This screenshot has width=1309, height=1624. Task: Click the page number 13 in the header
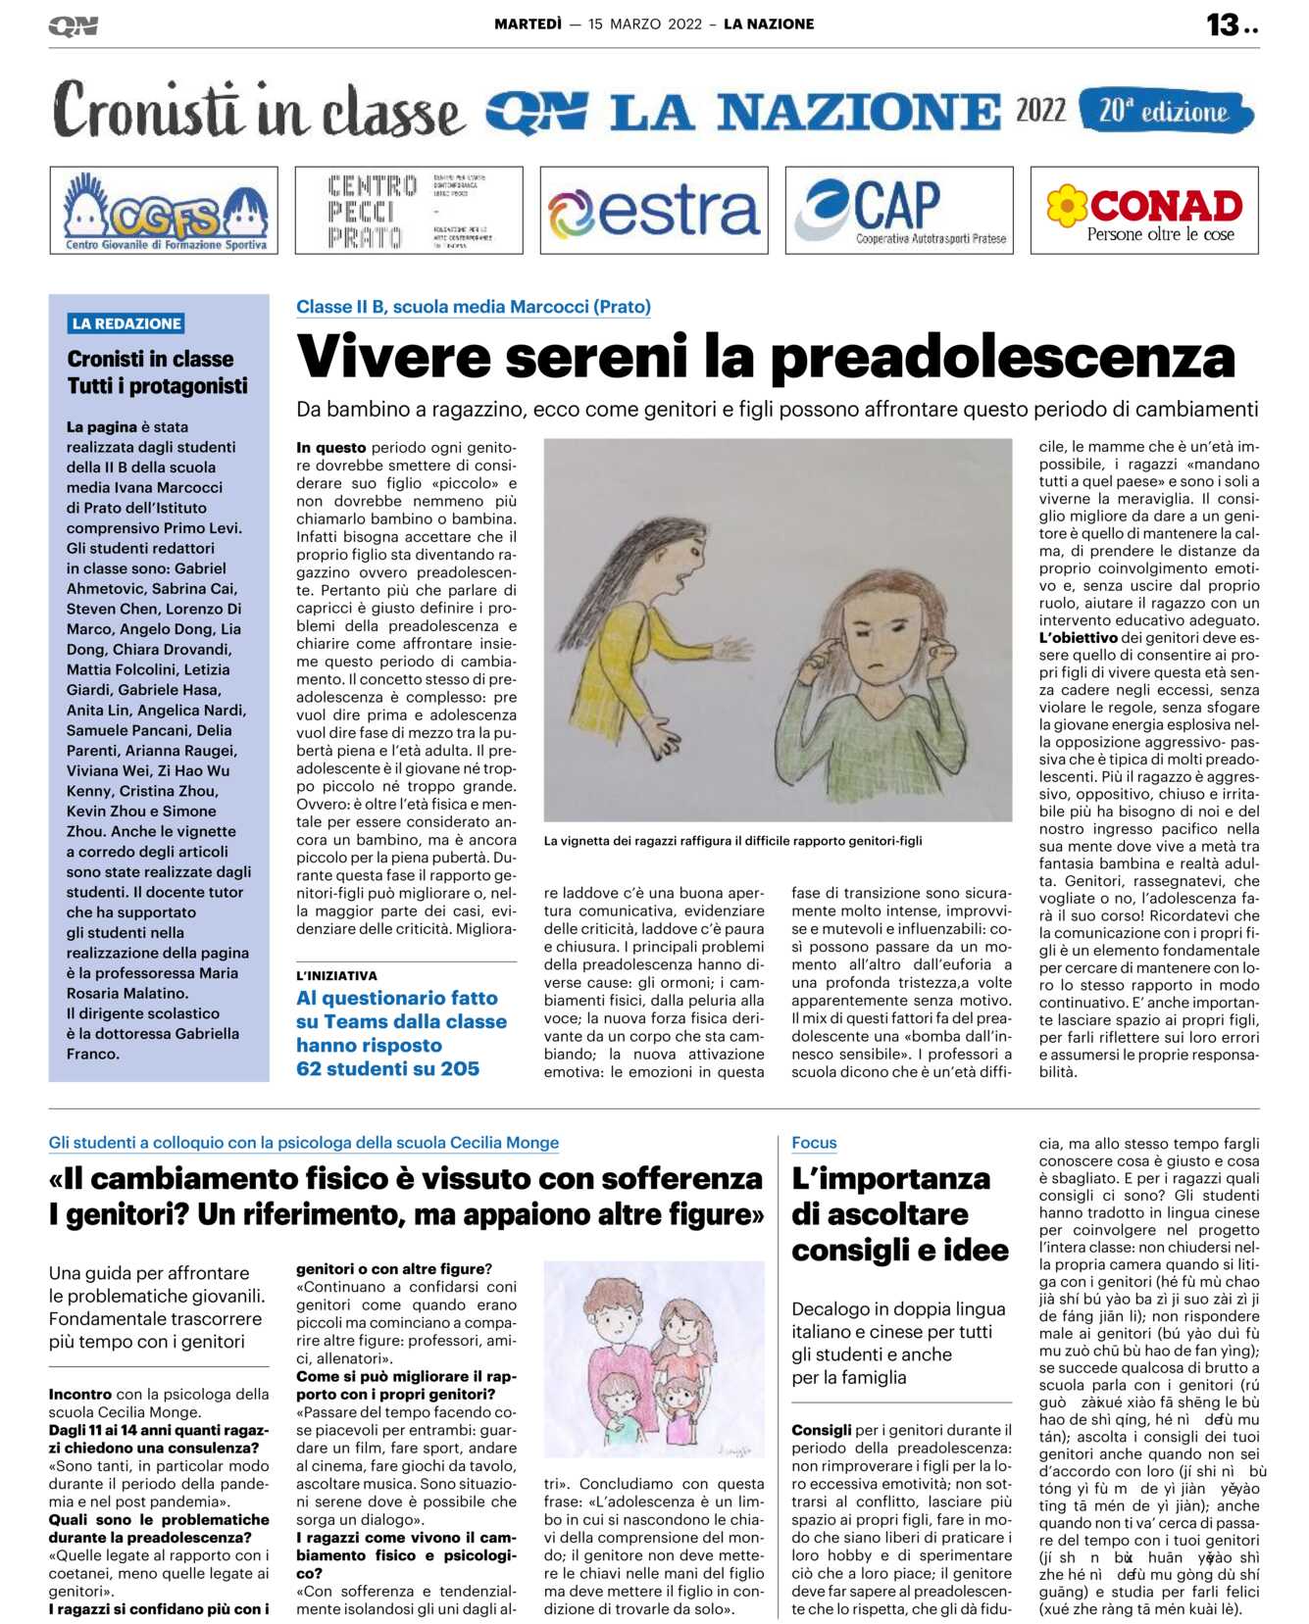pos(1223,25)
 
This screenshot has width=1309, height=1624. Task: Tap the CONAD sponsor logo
pos(1144,211)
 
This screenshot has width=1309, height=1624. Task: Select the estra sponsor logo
pos(654,211)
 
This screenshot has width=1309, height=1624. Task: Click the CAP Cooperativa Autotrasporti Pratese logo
pos(899,211)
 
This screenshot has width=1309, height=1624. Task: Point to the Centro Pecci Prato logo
pos(409,211)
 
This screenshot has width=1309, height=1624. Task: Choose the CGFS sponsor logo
pos(164,211)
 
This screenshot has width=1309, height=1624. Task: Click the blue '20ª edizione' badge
pos(1165,111)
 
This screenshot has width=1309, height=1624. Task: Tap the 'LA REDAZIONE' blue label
pos(126,323)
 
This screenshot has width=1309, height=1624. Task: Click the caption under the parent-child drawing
pos(732,840)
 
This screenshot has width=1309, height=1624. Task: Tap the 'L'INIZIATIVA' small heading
pos(336,975)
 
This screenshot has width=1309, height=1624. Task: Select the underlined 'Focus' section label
pos(814,1142)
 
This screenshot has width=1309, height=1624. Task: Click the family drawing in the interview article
pos(654,1362)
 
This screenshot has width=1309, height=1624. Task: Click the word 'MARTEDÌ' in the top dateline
pos(528,25)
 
